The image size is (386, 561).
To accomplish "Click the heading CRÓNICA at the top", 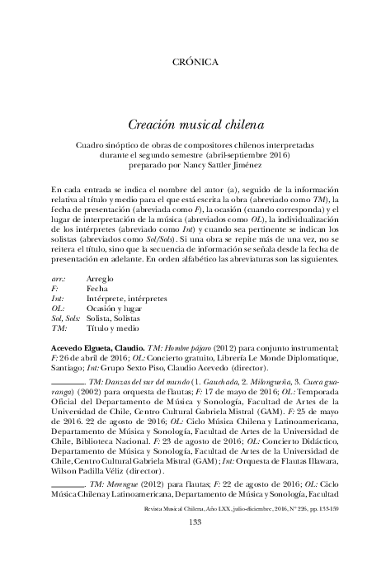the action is [194, 62].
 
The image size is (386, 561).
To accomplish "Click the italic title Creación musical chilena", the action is [194, 125].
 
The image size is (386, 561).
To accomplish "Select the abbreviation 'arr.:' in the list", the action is [59, 279].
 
